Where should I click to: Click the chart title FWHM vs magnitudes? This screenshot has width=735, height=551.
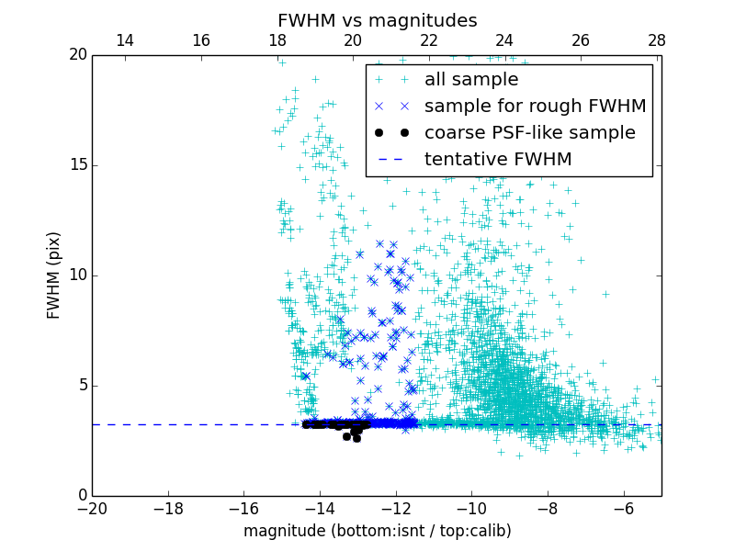pos(377,20)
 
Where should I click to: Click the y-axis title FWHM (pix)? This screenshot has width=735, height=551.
pos(54,275)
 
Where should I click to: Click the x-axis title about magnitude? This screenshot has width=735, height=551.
pos(377,531)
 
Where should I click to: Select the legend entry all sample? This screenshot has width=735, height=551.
pos(471,80)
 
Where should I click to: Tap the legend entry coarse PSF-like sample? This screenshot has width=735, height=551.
pos(529,132)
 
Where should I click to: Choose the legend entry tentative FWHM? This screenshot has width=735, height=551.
pos(497,159)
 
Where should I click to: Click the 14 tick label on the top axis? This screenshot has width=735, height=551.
pos(125,40)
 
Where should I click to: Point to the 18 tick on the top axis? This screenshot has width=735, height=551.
pos(277,40)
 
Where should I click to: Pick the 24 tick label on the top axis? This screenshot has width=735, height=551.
pos(504,40)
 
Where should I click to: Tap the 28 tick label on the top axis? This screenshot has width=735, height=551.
pos(656,40)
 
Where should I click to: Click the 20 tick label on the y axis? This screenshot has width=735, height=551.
pos(76,55)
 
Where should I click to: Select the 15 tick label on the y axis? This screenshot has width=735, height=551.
pos(76,165)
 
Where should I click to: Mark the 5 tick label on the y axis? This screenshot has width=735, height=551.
pos(81,386)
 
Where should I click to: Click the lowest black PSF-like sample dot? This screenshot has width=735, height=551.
pos(356,438)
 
